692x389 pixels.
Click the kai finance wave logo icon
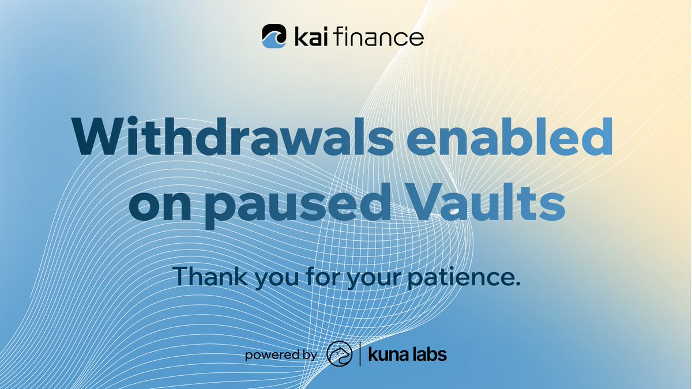pos(274,36)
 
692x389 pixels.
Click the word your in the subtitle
pos(370,280)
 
